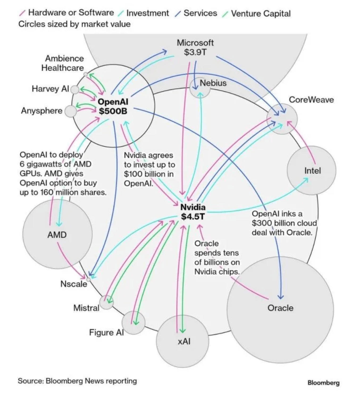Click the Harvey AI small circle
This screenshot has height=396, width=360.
(75, 90)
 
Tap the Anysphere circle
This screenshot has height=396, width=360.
(71, 111)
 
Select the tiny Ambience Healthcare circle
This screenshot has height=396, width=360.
(86, 74)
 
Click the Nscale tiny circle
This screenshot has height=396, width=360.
(89, 279)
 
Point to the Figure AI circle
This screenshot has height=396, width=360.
(133, 323)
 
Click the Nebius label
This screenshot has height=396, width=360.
(213, 83)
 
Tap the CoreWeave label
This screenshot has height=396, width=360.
(311, 100)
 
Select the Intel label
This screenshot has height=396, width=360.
(312, 171)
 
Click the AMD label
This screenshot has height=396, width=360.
(57, 235)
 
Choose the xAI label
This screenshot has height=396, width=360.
(184, 341)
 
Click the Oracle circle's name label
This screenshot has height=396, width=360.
(281, 308)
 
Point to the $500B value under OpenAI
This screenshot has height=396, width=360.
(113, 111)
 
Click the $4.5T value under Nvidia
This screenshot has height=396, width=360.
(192, 217)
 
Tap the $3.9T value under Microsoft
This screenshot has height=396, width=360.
(195, 52)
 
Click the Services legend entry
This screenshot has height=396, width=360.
(196, 13)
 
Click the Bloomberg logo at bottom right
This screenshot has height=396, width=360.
(324, 383)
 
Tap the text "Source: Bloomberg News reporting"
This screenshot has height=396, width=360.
(77, 381)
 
